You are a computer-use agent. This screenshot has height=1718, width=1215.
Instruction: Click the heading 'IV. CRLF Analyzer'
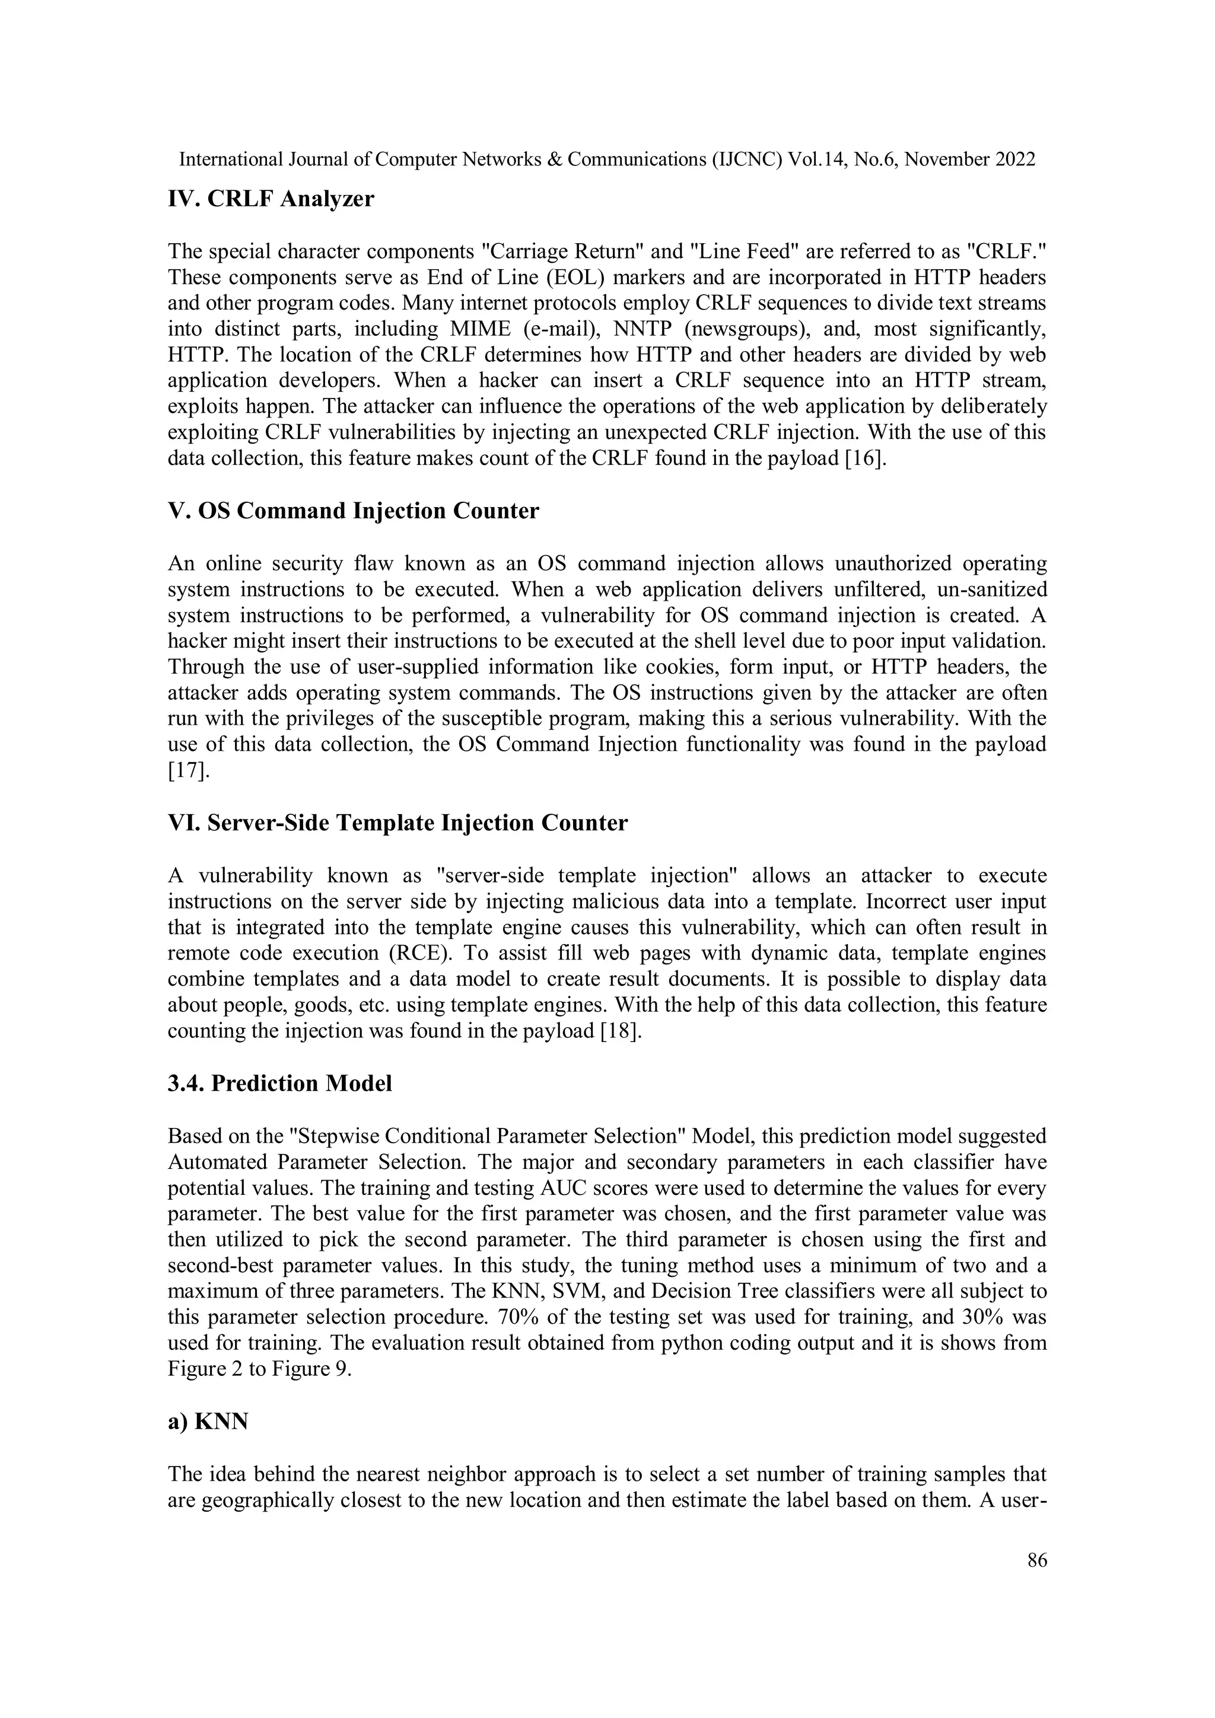271,200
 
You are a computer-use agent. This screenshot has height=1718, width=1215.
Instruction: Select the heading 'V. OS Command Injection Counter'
352,511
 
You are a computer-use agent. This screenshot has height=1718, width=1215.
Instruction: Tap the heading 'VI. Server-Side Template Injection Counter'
397,823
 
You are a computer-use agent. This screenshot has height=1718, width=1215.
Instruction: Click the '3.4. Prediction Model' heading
279,1083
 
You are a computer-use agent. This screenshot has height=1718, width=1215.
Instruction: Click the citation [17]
187,771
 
